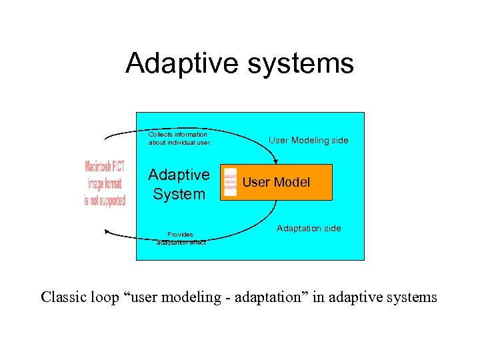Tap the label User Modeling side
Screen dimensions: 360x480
(308, 141)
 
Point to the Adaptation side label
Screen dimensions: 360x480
(309, 229)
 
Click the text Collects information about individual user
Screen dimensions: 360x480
(179, 139)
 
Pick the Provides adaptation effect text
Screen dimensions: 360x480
(181, 239)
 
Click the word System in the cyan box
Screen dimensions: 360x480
(179, 195)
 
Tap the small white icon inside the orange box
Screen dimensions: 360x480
(231, 182)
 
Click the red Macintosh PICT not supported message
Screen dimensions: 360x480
(105, 183)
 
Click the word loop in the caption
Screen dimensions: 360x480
(107, 297)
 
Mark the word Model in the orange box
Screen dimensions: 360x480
(293, 183)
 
